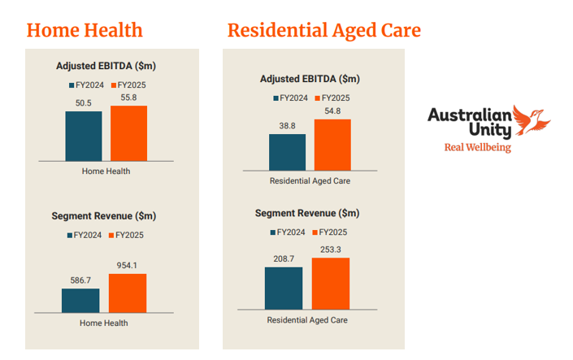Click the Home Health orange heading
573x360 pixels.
[x=85, y=30]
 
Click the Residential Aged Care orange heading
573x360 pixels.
[x=323, y=30]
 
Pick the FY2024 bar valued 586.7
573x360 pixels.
[x=80, y=301]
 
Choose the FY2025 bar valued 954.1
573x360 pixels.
[x=128, y=293]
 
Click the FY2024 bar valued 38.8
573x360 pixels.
[x=287, y=152]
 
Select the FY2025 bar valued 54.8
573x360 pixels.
[x=332, y=145]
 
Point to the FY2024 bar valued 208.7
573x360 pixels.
[x=284, y=288]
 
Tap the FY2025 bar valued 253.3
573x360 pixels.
[x=330, y=284]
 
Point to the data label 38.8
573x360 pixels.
[x=287, y=126]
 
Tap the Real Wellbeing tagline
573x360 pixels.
[x=477, y=147]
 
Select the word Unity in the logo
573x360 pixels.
[x=490, y=128]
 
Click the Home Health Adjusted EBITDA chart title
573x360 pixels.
[x=106, y=66]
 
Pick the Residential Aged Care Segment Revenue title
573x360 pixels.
[x=307, y=213]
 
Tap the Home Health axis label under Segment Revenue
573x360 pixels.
[x=104, y=323]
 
